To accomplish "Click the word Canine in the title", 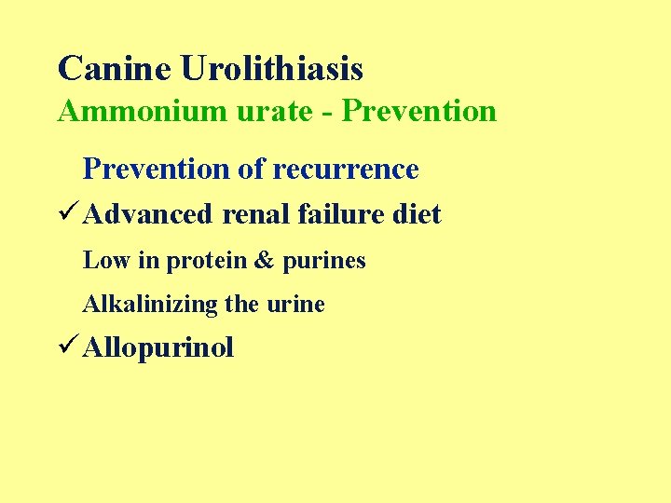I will [x=114, y=68].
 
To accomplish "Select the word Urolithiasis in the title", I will [x=271, y=68].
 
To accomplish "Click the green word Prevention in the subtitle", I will [x=419, y=112].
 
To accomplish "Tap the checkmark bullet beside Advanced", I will [x=67, y=214].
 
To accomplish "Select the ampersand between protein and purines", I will [x=265, y=261].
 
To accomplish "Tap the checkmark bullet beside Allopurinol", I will [x=67, y=348].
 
